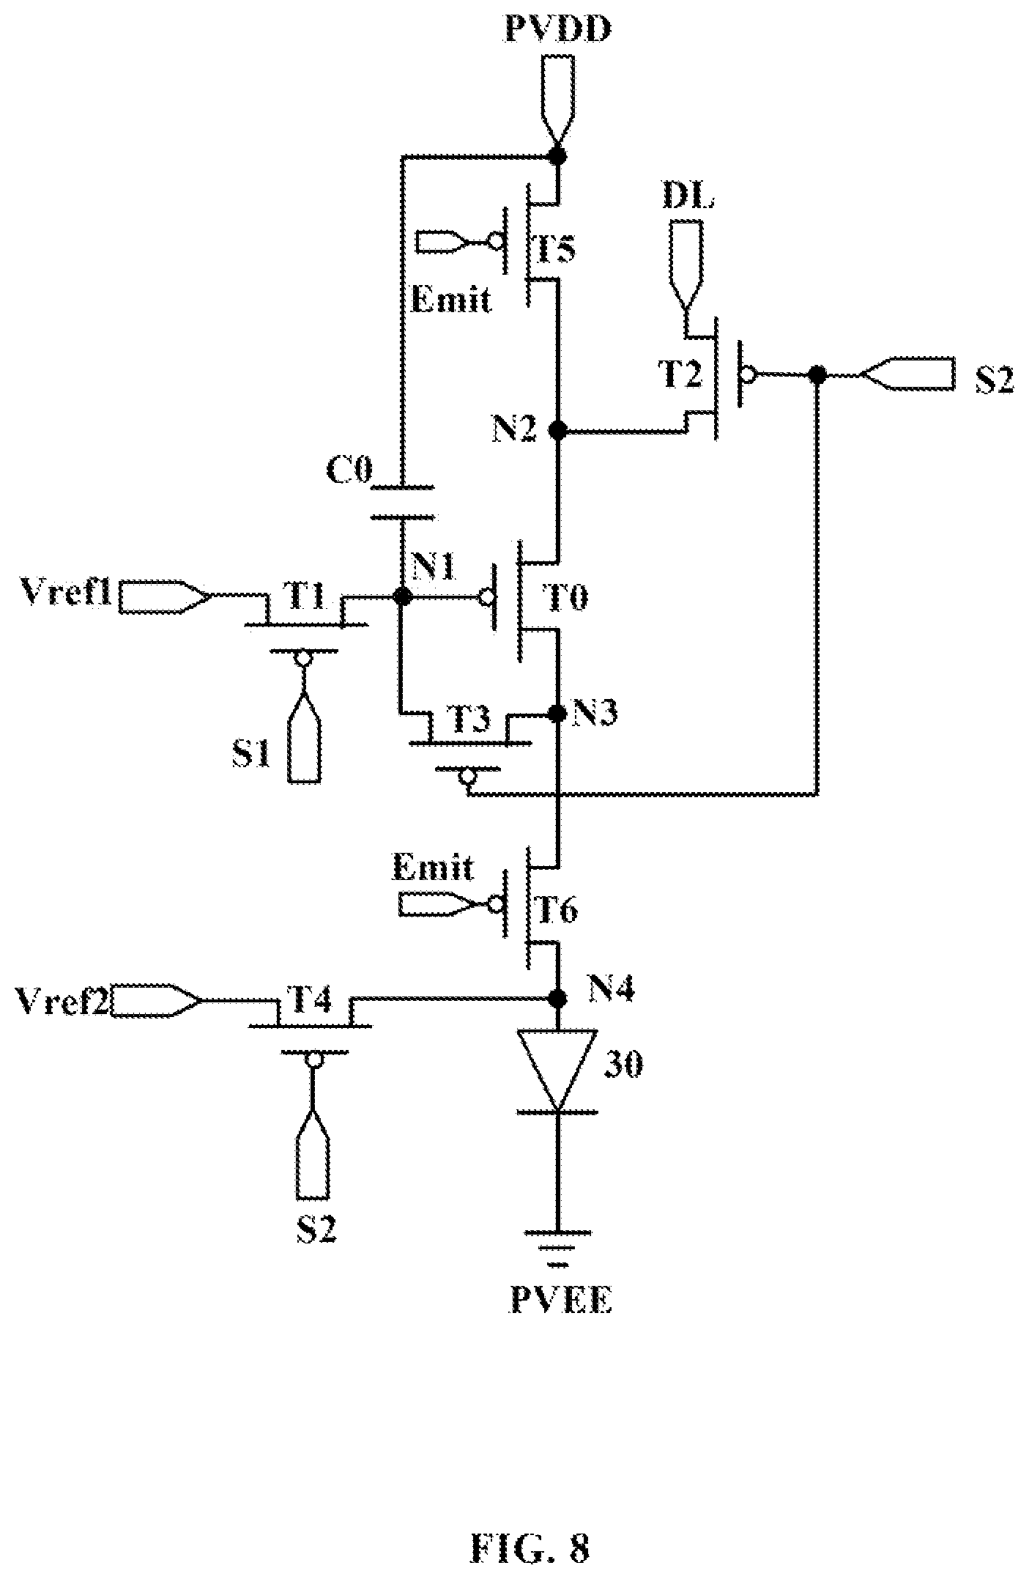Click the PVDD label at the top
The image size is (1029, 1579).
[x=559, y=30]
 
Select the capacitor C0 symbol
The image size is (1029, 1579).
[x=402, y=502]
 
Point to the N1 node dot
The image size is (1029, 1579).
[x=401, y=596]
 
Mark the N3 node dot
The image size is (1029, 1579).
[x=558, y=712]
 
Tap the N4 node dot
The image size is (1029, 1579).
[x=558, y=998]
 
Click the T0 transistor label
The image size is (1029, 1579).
[x=568, y=599]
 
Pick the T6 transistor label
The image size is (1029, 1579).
[x=558, y=911]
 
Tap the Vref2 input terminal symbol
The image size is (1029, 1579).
[x=154, y=999]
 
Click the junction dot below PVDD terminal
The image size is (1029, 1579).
[x=558, y=156]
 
